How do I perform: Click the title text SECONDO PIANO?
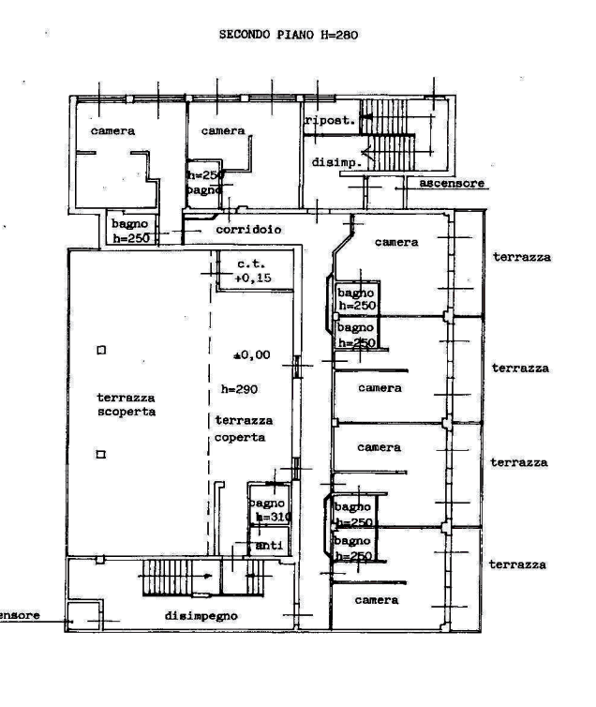coord(268,35)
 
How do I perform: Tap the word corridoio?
coord(248,230)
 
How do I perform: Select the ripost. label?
coord(328,121)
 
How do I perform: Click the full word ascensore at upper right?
coord(453,184)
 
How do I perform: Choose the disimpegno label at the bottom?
coord(201,616)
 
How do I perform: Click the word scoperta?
coord(126,412)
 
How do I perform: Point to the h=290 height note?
coord(241,387)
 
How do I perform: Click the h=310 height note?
coord(273,518)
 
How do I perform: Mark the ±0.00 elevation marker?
coord(252,355)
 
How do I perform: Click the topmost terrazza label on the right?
coord(521,257)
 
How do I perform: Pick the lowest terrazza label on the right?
coord(518,565)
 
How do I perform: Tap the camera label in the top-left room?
coord(113,132)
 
